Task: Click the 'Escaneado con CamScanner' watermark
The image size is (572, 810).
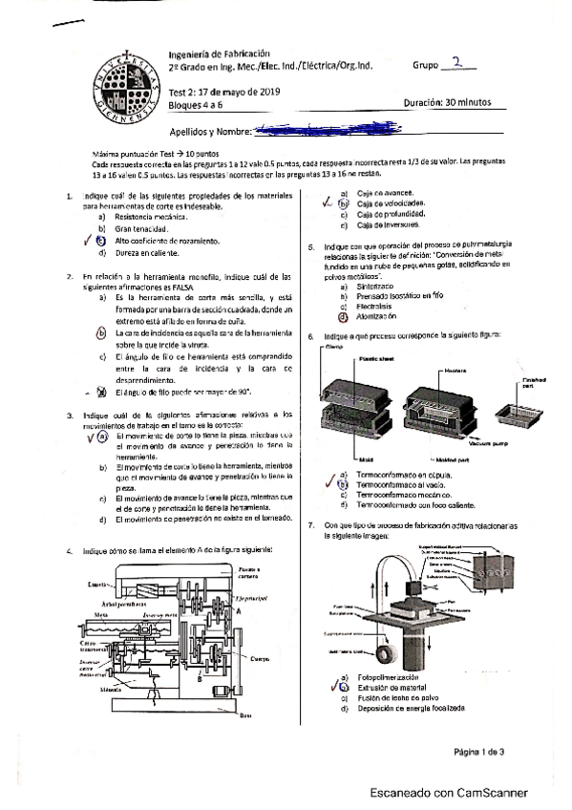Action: click(x=451, y=793)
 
